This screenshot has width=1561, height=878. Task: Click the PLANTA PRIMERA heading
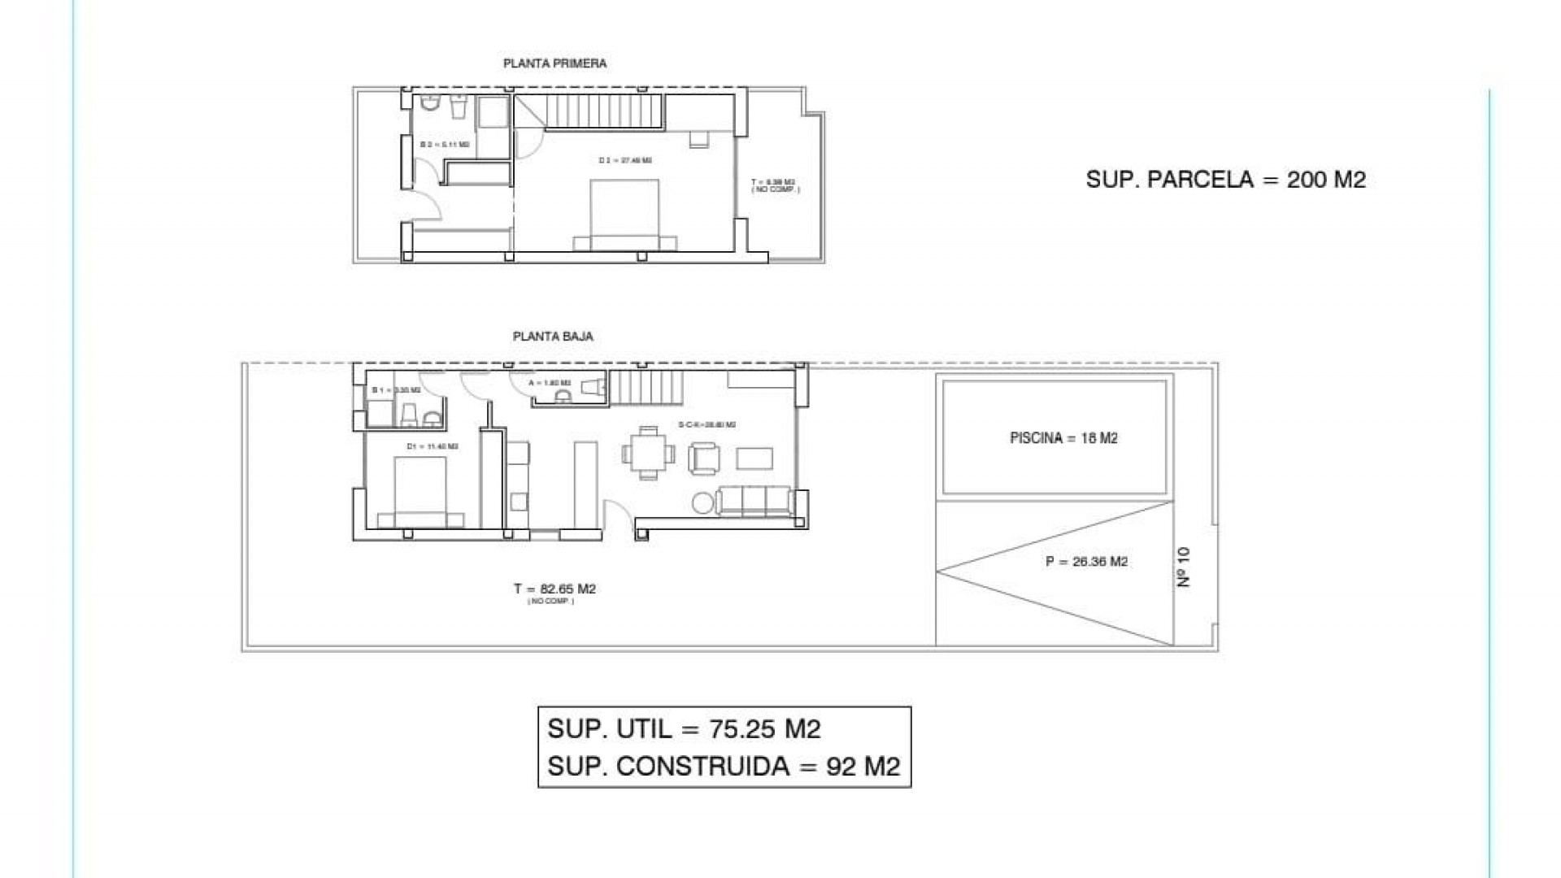[x=554, y=63]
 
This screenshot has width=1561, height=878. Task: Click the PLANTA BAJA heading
[x=553, y=336]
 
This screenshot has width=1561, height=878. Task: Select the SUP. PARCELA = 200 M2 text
[x=1225, y=180]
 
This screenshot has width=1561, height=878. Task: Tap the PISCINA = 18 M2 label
[x=1063, y=438]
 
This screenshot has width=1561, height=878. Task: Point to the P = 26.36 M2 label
[x=1086, y=562]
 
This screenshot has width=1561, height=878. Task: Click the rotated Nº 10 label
[x=1183, y=567]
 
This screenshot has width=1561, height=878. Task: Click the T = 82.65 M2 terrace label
[x=554, y=589]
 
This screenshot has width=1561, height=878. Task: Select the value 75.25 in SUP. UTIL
[x=741, y=729]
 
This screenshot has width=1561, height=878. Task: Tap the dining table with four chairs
[x=648, y=454]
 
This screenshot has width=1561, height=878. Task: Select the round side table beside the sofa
[x=702, y=503]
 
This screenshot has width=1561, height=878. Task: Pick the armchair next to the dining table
[x=703, y=459]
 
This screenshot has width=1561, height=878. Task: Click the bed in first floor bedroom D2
[x=624, y=213]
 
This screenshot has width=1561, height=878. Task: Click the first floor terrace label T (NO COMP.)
[x=775, y=185]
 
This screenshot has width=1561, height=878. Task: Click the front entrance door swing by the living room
[x=618, y=516]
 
